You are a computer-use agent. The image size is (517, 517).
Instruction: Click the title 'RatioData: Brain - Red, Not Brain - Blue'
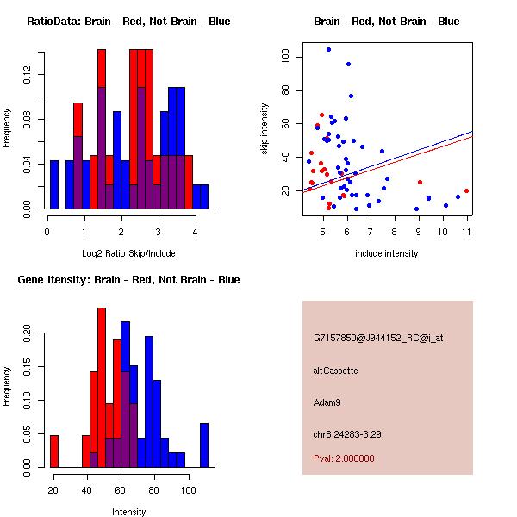point(128,22)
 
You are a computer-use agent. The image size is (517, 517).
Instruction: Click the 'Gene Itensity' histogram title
point(128,280)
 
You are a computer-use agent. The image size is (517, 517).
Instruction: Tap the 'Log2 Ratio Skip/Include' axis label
point(128,253)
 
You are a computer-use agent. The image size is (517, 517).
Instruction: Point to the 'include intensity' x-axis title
point(386,253)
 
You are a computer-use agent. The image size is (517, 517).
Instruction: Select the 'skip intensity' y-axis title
point(265,129)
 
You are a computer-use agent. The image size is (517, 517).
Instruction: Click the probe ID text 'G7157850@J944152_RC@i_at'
point(378,339)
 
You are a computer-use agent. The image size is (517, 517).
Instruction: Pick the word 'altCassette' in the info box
point(335,371)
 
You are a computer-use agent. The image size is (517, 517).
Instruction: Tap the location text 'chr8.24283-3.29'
point(347,433)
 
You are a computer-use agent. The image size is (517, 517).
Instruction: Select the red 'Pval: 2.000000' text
point(344,458)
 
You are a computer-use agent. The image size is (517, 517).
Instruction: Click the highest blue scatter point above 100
point(328,49)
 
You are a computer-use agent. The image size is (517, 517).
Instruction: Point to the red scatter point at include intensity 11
point(466,191)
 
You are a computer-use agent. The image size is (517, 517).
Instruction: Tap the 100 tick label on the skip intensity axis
point(284,57)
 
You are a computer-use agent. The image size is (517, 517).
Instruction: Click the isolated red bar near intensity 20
point(53,451)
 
